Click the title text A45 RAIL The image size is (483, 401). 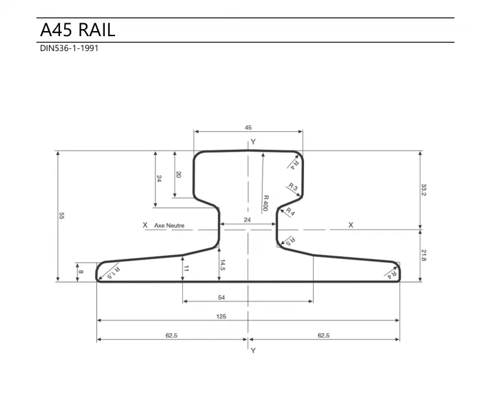pyautogui.click(x=78, y=30)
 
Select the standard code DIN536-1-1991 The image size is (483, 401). pyautogui.click(x=69, y=48)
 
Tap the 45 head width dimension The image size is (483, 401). pyautogui.click(x=248, y=128)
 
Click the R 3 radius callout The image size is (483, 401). pyautogui.click(x=292, y=188)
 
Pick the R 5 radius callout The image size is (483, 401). pyautogui.click(x=290, y=242)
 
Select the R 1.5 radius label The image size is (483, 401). pyautogui.click(x=113, y=272)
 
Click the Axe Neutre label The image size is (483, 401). pyautogui.click(x=169, y=225)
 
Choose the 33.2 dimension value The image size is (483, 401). pyautogui.click(x=424, y=190)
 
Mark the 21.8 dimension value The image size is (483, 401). pyautogui.click(x=424, y=255)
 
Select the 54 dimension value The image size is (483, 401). pyautogui.click(x=248, y=296)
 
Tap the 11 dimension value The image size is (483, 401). pyautogui.click(x=186, y=268)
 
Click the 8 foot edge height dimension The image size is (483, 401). pyautogui.click(x=80, y=272)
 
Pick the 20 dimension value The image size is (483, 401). pyautogui.click(x=178, y=174)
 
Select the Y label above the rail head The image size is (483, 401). pyautogui.click(x=253, y=141)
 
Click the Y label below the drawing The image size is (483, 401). pyautogui.click(x=253, y=350)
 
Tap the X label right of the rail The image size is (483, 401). pyautogui.click(x=351, y=225)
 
